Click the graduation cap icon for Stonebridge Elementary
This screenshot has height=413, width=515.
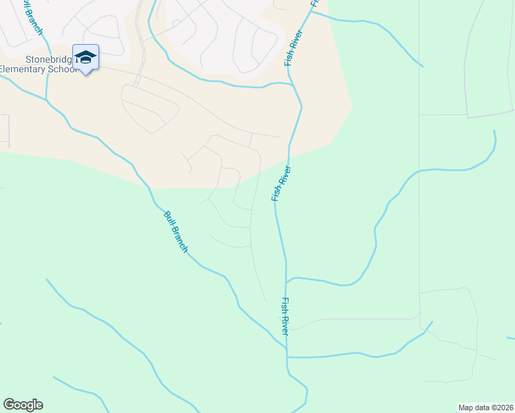click(85, 57)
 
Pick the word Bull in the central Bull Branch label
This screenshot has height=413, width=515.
click(167, 218)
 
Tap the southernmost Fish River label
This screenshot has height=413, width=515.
click(284, 317)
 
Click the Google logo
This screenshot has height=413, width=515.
click(23, 405)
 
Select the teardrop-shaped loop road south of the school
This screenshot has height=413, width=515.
click(149, 109)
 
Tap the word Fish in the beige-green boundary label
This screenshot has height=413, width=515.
click(277, 193)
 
